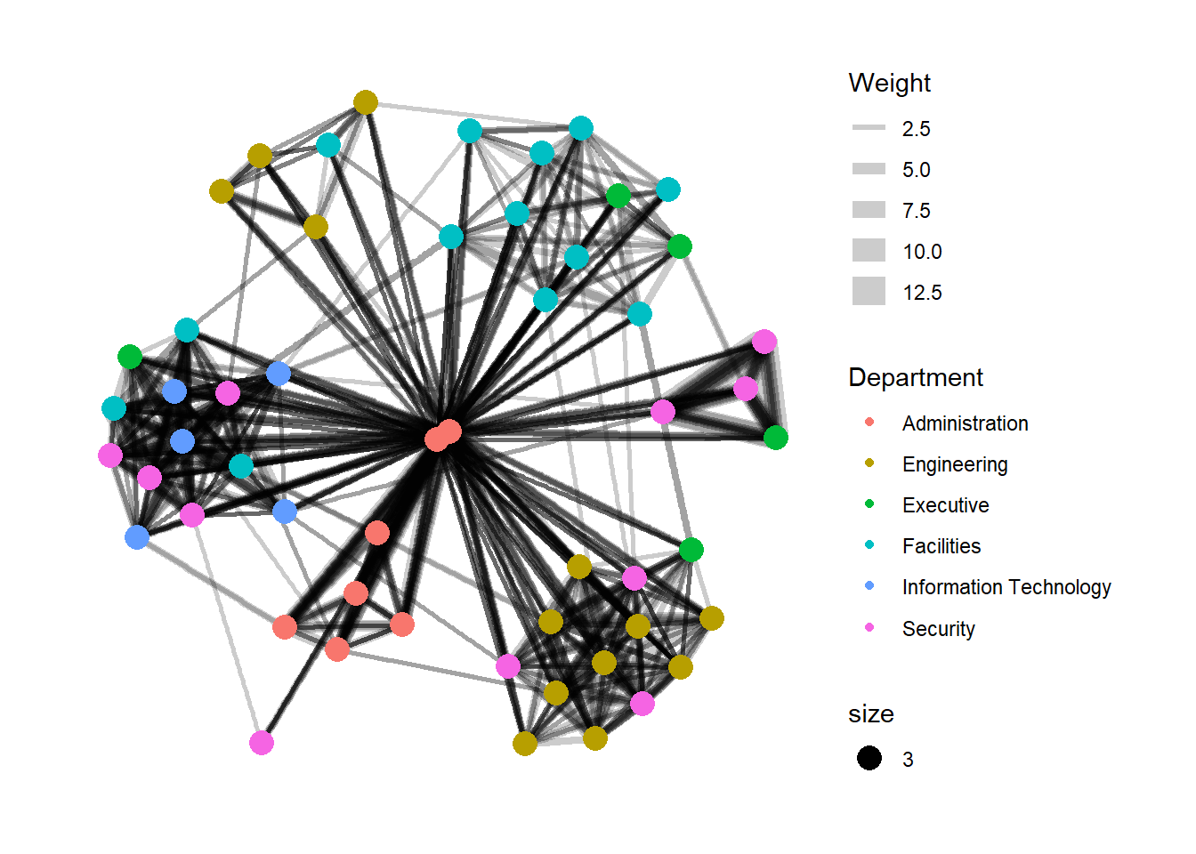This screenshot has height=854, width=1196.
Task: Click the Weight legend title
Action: (x=889, y=84)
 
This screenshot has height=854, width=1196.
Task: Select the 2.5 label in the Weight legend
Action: (x=916, y=129)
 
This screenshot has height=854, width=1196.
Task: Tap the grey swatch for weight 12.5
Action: (x=869, y=292)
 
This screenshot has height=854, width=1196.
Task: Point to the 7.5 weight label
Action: (x=916, y=211)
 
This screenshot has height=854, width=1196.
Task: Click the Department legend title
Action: (x=916, y=378)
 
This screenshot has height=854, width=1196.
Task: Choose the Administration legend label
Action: (x=965, y=423)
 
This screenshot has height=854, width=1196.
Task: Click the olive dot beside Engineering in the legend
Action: (x=869, y=463)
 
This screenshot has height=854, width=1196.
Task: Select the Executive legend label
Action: (x=945, y=505)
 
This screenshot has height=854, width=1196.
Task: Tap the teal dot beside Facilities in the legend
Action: (x=869, y=545)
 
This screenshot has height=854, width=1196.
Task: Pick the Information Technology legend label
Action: (x=1006, y=587)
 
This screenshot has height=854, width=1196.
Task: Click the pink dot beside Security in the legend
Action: (x=869, y=627)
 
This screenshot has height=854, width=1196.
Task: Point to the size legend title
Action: (x=870, y=714)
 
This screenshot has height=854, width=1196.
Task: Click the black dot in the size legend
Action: (x=869, y=758)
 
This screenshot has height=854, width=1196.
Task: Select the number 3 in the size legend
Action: (x=908, y=760)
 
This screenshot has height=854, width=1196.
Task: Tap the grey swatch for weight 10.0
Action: (x=869, y=251)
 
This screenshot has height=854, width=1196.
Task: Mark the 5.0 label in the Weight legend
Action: (x=916, y=170)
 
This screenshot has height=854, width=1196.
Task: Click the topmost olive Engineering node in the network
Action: (x=366, y=102)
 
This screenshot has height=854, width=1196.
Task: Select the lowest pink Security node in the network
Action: (x=262, y=743)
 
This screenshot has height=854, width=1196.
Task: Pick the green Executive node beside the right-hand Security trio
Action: (x=776, y=438)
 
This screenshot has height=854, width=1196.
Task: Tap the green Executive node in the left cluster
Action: (x=130, y=357)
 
